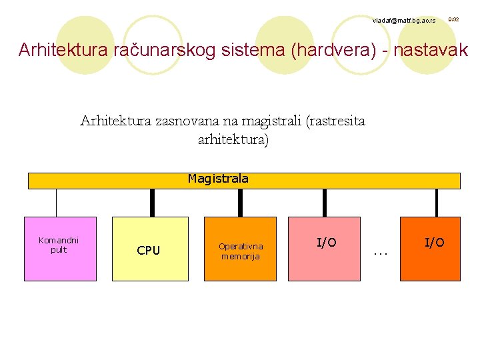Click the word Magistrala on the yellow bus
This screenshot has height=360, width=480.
218,179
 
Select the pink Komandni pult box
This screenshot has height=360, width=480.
60,249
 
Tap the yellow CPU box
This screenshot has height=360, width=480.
150,249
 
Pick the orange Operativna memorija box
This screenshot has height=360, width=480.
240,249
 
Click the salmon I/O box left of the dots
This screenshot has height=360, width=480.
324,249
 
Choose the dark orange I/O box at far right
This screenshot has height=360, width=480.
429,249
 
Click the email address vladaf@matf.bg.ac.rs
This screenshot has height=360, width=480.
404,21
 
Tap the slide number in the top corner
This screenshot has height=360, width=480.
453,20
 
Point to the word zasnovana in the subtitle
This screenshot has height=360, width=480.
187,121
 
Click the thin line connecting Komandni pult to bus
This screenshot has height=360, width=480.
57,203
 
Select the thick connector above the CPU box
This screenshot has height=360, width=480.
153,203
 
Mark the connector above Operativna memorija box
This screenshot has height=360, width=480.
240,203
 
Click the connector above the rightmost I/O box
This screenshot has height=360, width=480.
437,203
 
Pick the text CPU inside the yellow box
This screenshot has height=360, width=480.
148,251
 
